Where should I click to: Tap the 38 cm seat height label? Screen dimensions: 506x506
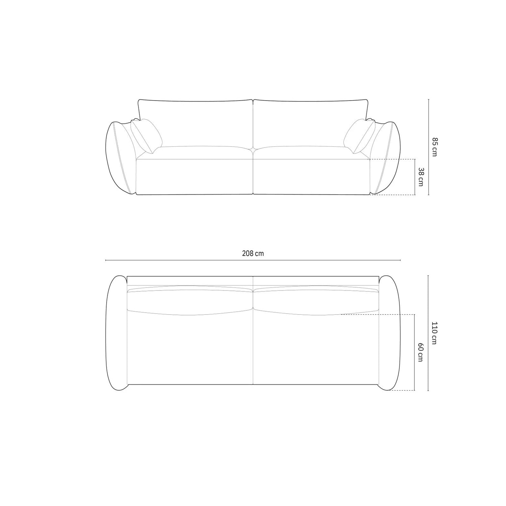[420, 177]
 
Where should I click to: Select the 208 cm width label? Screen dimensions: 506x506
[253, 254]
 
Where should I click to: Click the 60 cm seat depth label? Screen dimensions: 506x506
[420, 352]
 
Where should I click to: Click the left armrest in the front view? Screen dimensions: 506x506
[121, 158]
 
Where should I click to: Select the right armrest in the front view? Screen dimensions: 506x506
[385, 158]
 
